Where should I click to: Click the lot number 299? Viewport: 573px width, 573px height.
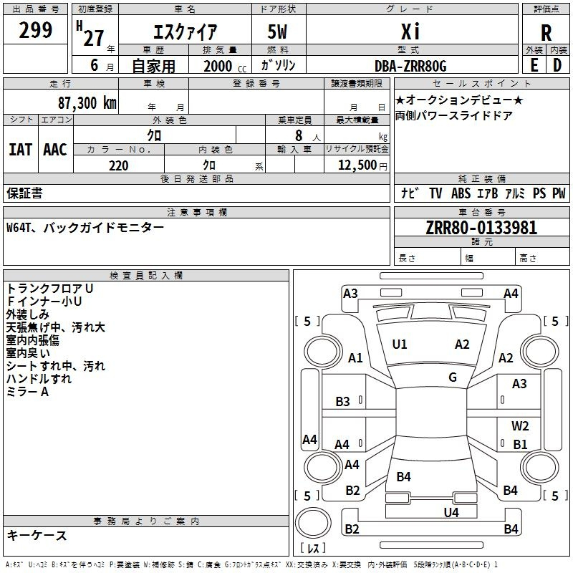pos(35,30)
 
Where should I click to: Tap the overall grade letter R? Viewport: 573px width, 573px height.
pos(546,33)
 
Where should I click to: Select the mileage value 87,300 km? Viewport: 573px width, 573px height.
pos(87,103)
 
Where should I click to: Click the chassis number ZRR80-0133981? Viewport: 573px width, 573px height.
pos(481,227)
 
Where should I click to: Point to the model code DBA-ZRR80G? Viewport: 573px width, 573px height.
pos(410,66)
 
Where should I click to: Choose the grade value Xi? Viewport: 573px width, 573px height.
pos(410,32)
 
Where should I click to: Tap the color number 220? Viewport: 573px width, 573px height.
pos(118,165)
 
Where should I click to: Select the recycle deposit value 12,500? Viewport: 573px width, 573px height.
pos(357,165)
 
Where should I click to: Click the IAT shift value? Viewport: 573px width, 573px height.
pos(21,150)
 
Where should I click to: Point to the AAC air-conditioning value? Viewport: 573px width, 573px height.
pos(55,150)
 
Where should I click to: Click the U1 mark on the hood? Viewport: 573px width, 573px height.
pos(400,344)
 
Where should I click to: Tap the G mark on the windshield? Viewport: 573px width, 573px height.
pos(453,377)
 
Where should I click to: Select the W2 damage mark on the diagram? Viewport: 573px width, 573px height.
pos(520,425)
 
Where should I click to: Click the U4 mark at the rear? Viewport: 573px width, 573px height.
pos(451,512)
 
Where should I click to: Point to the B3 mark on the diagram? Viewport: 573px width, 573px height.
pos(342,402)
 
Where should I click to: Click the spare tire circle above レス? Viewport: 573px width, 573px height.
pos(313,523)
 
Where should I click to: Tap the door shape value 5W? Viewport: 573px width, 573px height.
pos(277,32)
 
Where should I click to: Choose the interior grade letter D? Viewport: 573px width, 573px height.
pos(557,65)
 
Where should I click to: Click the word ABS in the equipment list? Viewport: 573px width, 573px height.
pos(461,193)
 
